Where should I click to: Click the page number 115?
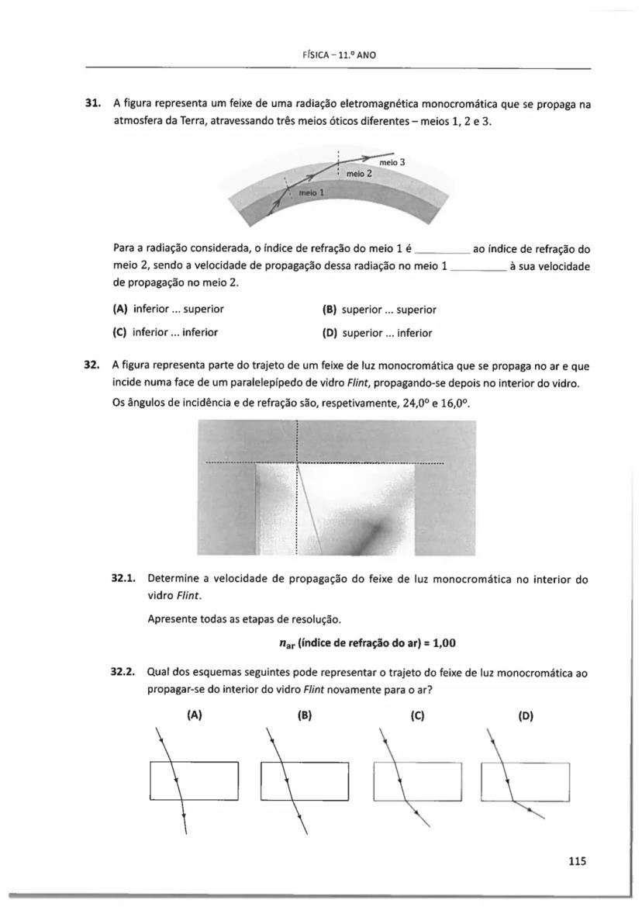576,860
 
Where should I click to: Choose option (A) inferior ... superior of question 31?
168,309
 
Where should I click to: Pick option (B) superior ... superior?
378,309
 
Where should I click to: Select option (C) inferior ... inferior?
165,332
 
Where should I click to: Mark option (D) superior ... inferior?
377,333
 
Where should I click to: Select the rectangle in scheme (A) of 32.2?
194,781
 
